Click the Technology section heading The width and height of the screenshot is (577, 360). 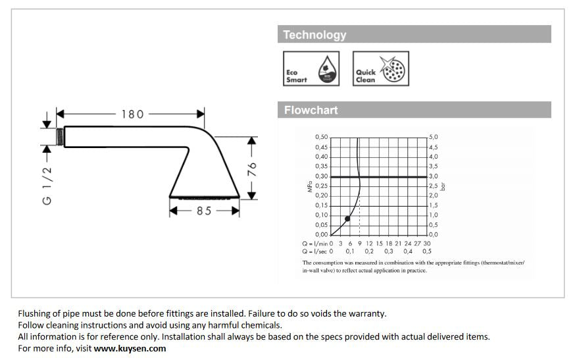[x=314, y=35]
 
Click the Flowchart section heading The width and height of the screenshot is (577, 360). [x=311, y=110]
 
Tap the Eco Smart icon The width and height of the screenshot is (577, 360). [x=311, y=68]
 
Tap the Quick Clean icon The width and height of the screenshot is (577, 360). [x=380, y=68]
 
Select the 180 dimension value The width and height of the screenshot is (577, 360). [x=132, y=114]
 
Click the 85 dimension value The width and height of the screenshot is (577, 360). [x=204, y=211]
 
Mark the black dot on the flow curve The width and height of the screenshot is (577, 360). [x=348, y=218]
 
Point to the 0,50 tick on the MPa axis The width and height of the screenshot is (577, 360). [x=321, y=137]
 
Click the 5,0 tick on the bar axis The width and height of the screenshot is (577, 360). [x=434, y=137]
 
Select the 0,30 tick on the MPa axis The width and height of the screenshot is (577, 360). [x=321, y=176]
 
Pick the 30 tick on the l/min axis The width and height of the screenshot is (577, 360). [x=427, y=243]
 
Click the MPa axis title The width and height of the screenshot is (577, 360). [x=309, y=189]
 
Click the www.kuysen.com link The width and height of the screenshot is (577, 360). [x=130, y=348]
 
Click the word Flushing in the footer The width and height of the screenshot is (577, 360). [x=34, y=313]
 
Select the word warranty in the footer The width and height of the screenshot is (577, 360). [x=367, y=313]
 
